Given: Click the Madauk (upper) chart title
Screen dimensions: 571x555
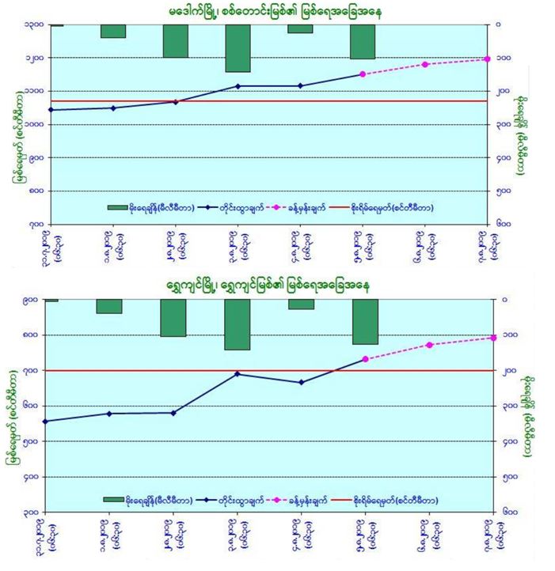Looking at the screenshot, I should (277, 11).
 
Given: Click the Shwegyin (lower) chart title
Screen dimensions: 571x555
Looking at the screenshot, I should (277, 283).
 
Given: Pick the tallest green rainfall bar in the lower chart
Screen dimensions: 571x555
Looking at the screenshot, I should (238, 324).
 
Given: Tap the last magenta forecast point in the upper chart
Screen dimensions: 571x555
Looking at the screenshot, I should (487, 59).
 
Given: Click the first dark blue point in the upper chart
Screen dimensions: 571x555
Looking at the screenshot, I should (51, 109).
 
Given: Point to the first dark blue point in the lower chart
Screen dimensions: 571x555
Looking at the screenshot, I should (45, 421).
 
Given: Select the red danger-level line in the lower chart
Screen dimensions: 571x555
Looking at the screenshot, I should (269, 370).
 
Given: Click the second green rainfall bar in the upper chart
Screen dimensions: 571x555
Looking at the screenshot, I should (113, 31).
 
